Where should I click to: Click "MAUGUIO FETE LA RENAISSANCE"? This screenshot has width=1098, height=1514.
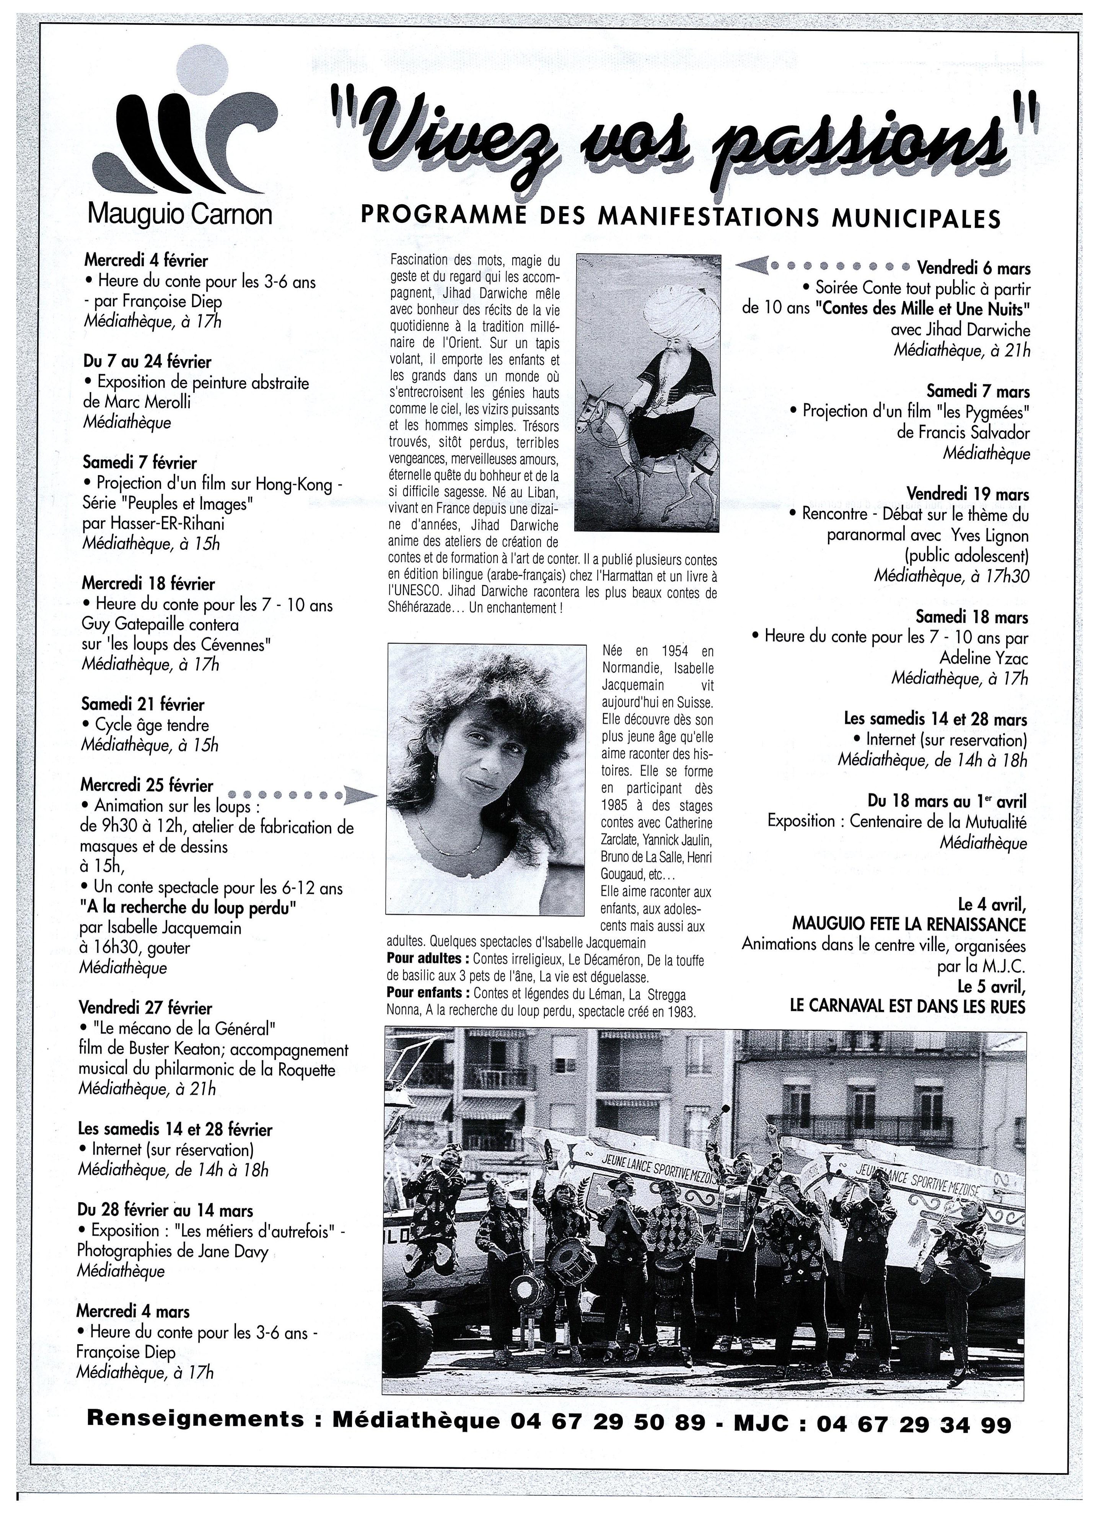(909, 924)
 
